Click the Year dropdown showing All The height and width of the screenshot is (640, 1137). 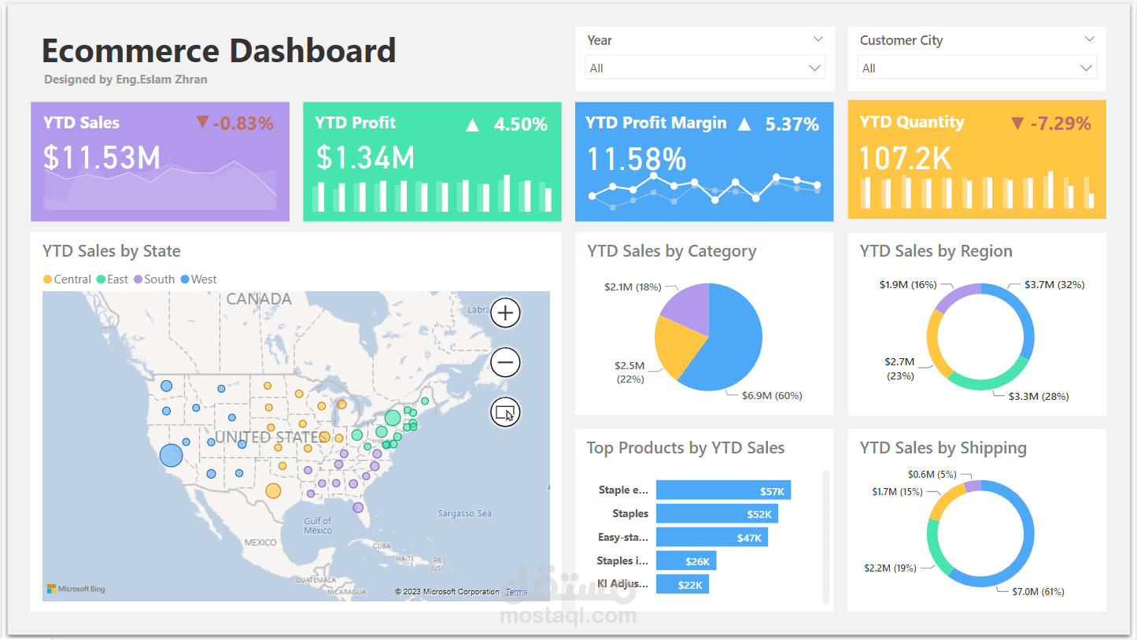[x=704, y=68]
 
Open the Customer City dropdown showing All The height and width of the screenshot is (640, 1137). [x=976, y=68]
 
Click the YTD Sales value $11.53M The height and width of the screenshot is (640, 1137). [x=102, y=157]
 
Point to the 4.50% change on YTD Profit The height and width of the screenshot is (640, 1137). [x=520, y=124]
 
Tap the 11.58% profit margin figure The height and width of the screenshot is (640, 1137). [x=637, y=160]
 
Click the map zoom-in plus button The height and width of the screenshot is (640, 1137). [x=505, y=313]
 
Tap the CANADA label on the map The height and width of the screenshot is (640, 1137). [x=259, y=299]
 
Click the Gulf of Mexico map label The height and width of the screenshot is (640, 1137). [x=318, y=525]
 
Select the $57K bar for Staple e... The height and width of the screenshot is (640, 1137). [x=723, y=490]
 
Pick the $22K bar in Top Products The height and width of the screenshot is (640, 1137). [x=682, y=584]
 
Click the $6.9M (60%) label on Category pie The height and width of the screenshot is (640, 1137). [x=771, y=396]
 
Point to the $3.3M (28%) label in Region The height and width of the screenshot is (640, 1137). [x=1039, y=397]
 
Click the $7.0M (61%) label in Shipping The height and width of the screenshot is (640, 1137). [x=1038, y=591]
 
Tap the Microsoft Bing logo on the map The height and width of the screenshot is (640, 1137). [x=76, y=589]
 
